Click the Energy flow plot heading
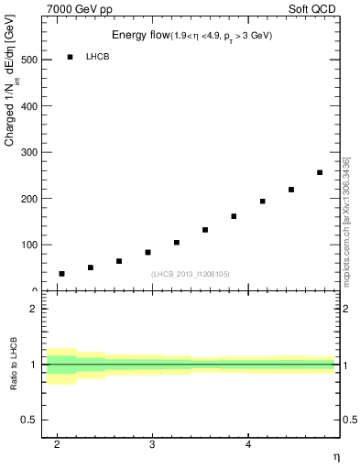tap(191, 35)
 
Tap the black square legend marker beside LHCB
tap(70, 57)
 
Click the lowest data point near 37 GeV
tap(61, 274)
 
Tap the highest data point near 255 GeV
tap(320, 172)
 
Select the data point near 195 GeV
tap(262, 202)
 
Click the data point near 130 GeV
tap(205, 230)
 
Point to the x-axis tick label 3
tap(152, 443)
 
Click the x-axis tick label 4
tap(248, 443)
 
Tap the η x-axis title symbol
tap(335, 455)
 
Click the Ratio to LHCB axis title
tap(15, 364)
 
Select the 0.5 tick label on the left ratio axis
tap(28, 420)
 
